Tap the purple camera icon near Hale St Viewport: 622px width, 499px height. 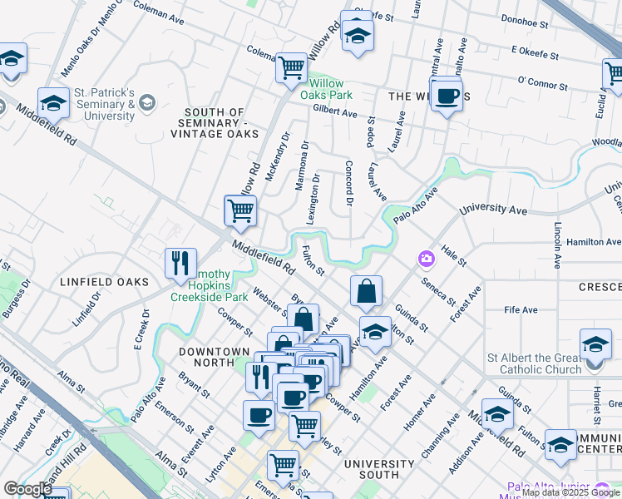(427, 259)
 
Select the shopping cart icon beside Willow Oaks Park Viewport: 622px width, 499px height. (291, 67)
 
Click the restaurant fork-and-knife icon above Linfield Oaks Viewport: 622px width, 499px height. (180, 264)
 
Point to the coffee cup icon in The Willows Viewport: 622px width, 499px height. (447, 95)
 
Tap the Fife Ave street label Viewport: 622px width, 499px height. (521, 309)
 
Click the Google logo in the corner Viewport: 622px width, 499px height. (27, 489)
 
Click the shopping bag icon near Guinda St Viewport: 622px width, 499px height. (366, 293)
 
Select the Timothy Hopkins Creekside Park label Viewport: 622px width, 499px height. (210, 285)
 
